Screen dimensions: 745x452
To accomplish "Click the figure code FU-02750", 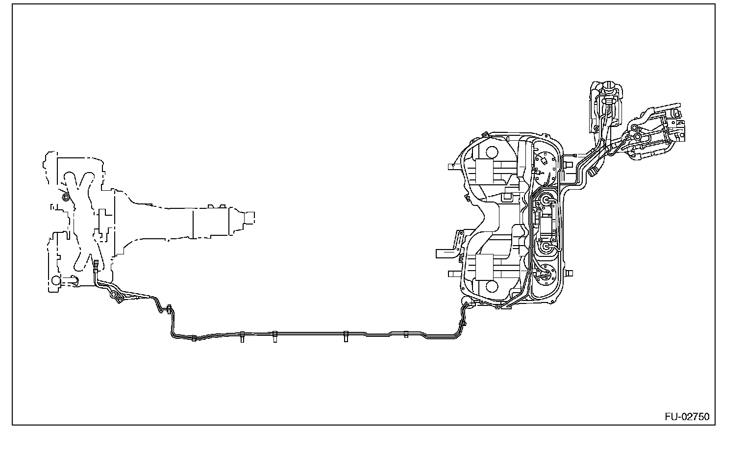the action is pos(687,417).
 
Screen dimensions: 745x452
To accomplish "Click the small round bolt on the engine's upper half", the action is pos(65,198).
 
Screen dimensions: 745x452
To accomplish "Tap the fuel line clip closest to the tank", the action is pos(406,335).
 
